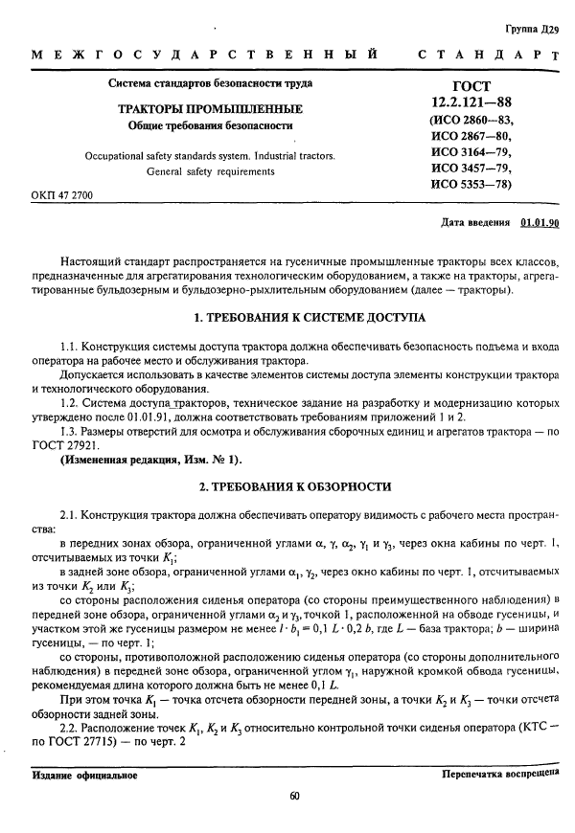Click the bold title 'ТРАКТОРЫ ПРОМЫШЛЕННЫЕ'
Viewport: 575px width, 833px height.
210,108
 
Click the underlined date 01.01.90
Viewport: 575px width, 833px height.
540,223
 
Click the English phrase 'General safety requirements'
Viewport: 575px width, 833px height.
210,171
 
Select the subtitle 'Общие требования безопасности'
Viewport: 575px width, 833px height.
210,125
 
